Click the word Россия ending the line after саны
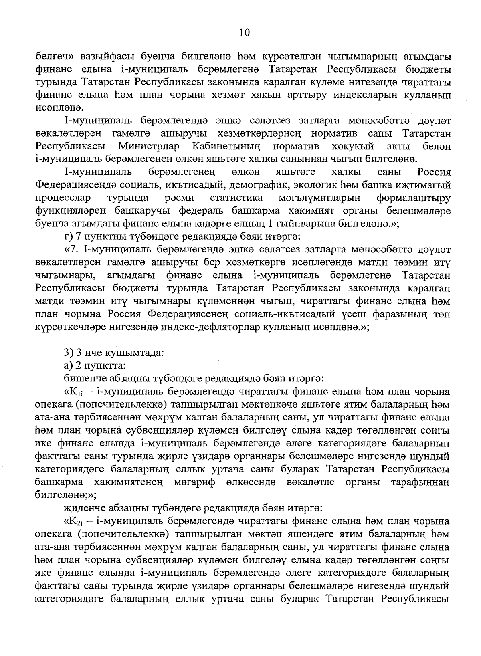pyautogui.click(x=434, y=172)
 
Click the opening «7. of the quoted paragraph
pyautogui.click(x=73, y=250)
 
